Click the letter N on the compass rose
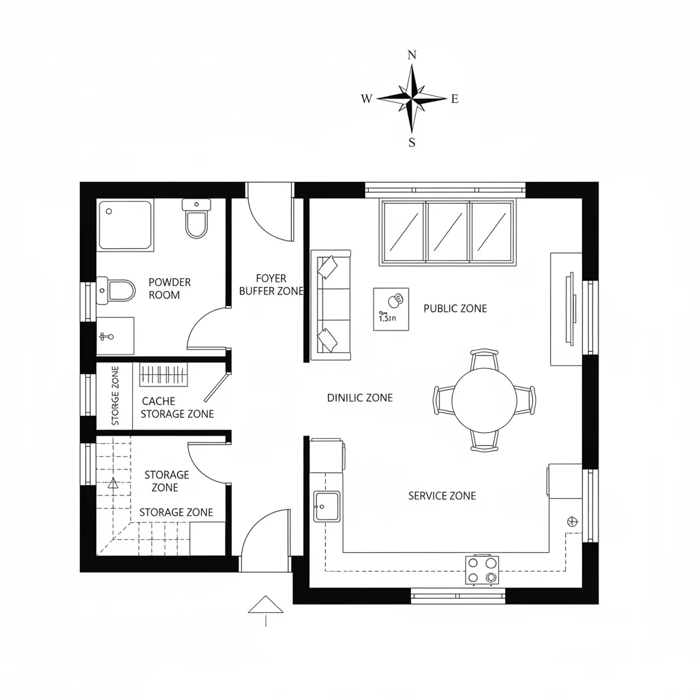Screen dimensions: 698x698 pyautogui.click(x=412, y=55)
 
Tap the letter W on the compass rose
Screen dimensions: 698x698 pyautogui.click(x=367, y=99)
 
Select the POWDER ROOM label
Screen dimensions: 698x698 pyautogui.click(x=169, y=288)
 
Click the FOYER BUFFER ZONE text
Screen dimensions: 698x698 pyautogui.click(x=271, y=284)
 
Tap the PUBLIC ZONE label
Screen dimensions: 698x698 pyautogui.click(x=455, y=308)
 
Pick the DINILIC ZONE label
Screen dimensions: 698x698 pyautogui.click(x=360, y=397)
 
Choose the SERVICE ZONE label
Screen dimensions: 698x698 pyautogui.click(x=442, y=496)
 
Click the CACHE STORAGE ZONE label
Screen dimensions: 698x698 pyautogui.click(x=177, y=408)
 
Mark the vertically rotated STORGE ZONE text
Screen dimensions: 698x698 pyautogui.click(x=115, y=396)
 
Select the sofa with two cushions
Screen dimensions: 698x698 pyautogui.click(x=331, y=305)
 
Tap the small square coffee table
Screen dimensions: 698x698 pyautogui.click(x=391, y=309)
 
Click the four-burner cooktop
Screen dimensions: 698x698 pyautogui.click(x=482, y=570)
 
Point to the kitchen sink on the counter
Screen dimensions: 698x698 pyautogui.click(x=327, y=506)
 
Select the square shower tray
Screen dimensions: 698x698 pyautogui.click(x=125, y=224)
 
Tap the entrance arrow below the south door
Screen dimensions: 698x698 pyautogui.click(x=265, y=605)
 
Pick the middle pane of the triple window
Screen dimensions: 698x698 pyautogui.click(x=448, y=232)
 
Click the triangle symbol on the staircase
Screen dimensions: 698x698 pyautogui.click(x=113, y=484)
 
